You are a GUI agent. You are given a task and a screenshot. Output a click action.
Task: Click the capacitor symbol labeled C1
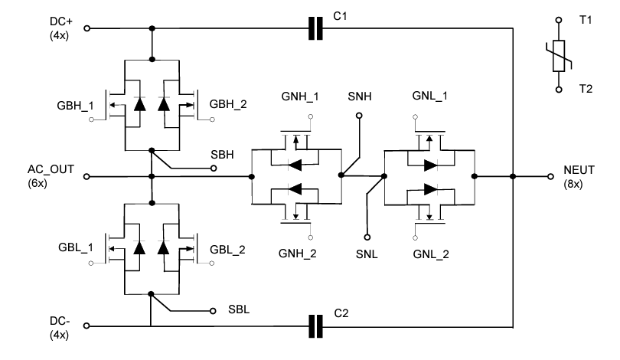pos(315,29)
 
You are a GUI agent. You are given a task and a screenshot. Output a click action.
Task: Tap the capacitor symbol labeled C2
pos(315,326)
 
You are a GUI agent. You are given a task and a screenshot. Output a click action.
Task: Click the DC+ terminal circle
pos(86,29)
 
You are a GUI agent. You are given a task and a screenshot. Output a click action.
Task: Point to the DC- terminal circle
pos(86,326)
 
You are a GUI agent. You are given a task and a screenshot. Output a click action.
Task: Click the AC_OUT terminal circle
pos(86,176)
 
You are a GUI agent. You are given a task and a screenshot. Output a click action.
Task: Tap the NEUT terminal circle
pos(549,176)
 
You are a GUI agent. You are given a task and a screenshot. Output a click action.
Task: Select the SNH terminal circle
pos(357,116)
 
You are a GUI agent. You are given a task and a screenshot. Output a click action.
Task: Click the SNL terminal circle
pos(367,237)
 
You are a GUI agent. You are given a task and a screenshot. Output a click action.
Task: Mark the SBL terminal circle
pos(212,311)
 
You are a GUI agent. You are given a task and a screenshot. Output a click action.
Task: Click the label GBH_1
pos(74,104)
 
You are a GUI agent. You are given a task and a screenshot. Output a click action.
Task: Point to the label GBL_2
pos(228,250)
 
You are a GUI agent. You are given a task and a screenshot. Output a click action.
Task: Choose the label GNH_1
pos(299,97)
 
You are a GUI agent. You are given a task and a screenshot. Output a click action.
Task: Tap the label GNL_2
pos(432,253)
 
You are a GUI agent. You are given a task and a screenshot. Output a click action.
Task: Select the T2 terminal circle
pos(560,89)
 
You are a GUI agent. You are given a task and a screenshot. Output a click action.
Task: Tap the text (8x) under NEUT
pos(573,185)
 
